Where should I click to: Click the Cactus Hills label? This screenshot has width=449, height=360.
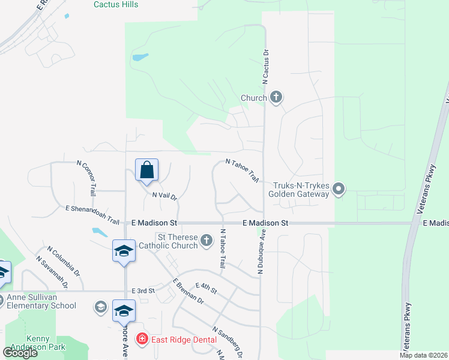coord(116,5)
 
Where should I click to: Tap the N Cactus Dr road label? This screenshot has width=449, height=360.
coord(265,67)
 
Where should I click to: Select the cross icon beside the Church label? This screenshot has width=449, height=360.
coord(276,97)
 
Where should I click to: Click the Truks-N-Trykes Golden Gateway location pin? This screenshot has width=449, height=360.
coord(339,190)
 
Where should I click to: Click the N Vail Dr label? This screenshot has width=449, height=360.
coord(165,196)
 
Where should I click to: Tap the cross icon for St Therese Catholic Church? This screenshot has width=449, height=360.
coord(206,241)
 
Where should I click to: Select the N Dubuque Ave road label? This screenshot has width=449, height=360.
coord(262,254)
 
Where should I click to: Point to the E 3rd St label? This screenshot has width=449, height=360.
coord(143,290)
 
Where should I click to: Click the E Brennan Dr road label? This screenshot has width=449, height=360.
coord(188,293)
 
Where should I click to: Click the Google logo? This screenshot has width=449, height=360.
coord(20,352)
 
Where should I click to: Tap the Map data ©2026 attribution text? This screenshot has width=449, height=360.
coord(423,355)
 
